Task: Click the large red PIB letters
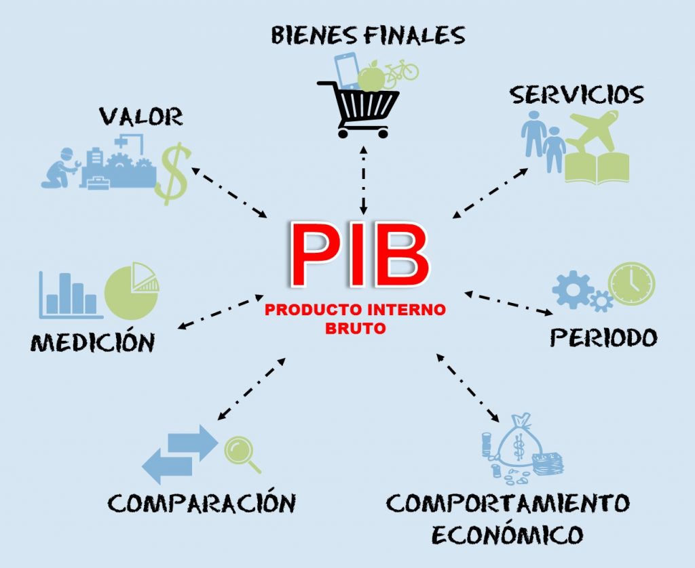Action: (x=360, y=255)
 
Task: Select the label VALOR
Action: (x=141, y=117)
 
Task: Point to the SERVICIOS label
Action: (x=577, y=94)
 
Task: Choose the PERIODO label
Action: (x=603, y=338)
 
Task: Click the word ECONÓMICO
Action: (x=507, y=534)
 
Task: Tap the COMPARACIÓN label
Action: (x=202, y=502)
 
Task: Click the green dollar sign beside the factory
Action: (x=172, y=174)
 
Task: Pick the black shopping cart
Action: (x=360, y=108)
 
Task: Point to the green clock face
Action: (x=631, y=284)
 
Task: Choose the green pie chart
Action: (x=132, y=291)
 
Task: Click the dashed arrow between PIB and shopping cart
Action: (x=364, y=180)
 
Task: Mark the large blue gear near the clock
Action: (x=573, y=289)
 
